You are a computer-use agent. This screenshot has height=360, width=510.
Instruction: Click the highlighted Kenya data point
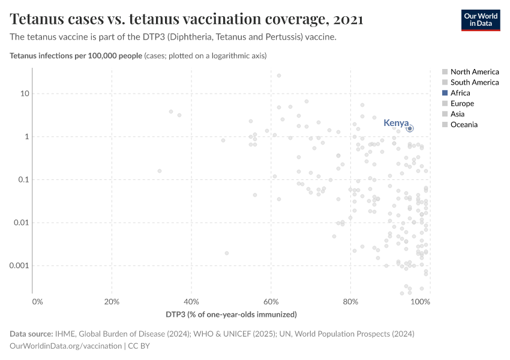click(410, 128)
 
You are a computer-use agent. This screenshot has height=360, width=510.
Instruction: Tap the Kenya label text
click(395, 123)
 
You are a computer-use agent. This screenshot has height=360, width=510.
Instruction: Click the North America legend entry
click(474, 72)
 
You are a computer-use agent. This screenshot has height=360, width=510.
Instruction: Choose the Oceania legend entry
click(464, 125)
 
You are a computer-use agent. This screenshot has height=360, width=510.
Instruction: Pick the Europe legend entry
click(462, 104)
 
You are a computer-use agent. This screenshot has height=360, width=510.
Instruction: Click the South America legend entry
click(474, 82)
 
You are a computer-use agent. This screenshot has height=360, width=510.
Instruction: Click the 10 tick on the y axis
click(25, 94)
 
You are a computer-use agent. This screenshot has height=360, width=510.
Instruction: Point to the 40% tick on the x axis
click(191, 301)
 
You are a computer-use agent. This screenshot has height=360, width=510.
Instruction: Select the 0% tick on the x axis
click(37, 301)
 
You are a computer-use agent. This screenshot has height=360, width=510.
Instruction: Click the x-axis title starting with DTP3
click(231, 314)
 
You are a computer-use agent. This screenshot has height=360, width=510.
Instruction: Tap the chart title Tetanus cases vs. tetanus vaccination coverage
click(186, 19)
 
